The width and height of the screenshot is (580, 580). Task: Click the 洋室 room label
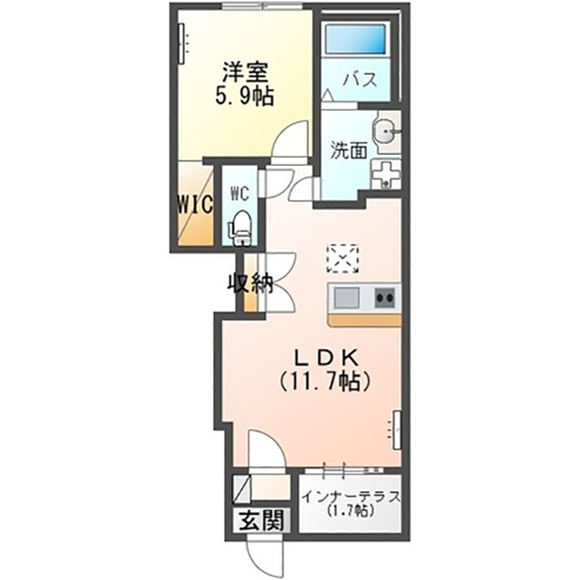[x=245, y=72]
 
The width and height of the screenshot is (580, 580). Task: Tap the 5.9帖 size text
[x=245, y=97]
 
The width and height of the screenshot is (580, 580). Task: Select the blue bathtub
[x=355, y=38]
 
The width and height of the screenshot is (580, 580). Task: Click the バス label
[x=360, y=80]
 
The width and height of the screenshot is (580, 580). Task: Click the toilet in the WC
[x=241, y=227]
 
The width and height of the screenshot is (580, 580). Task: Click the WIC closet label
[x=195, y=204]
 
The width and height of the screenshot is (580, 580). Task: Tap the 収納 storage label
[x=250, y=285]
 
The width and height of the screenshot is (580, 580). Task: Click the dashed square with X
[x=343, y=258]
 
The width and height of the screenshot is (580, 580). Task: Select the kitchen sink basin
[x=346, y=297]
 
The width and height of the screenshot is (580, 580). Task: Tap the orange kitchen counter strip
[x=364, y=320]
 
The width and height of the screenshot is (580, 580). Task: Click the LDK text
[x=325, y=357]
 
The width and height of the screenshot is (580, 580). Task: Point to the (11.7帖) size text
[x=324, y=382]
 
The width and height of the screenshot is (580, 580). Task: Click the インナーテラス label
[x=352, y=497]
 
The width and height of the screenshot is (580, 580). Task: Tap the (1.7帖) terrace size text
[x=351, y=511]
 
